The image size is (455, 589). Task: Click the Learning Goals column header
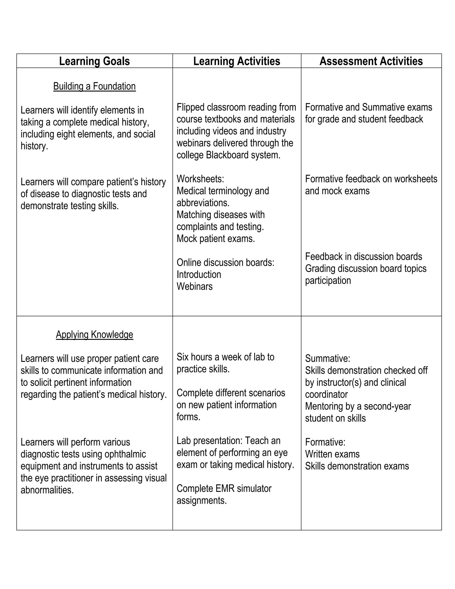pyautogui.click(x=94, y=61)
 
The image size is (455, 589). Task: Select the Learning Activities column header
pyautogui.click(x=237, y=61)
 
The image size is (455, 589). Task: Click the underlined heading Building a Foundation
pyautogui.click(x=94, y=86)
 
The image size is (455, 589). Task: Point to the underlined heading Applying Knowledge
pyautogui.click(x=94, y=335)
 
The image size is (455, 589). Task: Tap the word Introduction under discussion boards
pyautogui.click(x=199, y=274)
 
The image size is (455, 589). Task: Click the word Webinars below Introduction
pyautogui.click(x=194, y=286)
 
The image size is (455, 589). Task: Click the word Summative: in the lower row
pyautogui.click(x=327, y=359)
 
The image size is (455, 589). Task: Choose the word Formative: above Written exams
pyautogui.click(x=325, y=442)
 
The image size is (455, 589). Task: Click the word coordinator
pyautogui.click(x=326, y=395)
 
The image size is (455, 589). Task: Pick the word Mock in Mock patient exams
pyautogui.click(x=187, y=239)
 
